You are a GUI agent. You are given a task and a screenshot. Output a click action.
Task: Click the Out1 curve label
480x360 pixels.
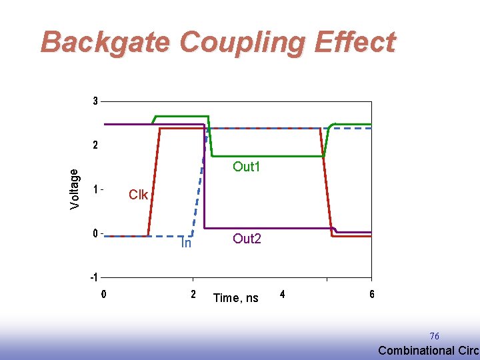[x=246, y=167]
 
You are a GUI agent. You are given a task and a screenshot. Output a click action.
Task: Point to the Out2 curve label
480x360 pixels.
[x=246, y=239]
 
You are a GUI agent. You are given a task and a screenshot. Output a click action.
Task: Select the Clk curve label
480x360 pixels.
[x=139, y=195]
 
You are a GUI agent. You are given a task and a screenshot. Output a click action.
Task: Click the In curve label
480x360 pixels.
[x=187, y=244]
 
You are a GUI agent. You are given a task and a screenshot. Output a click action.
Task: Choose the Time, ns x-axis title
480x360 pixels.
[x=235, y=298]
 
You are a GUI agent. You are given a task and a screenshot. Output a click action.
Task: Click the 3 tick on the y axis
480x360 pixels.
[x=95, y=101]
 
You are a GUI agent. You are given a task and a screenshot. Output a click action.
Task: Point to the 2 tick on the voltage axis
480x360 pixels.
[x=95, y=145]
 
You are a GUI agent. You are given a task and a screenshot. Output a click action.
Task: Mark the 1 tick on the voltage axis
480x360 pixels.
[x=95, y=189]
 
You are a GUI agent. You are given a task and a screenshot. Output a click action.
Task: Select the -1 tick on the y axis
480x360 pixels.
[x=94, y=277]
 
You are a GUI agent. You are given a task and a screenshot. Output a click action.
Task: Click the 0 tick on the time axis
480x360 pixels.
[x=103, y=294]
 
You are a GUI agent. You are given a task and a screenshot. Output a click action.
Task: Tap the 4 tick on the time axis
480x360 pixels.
[x=283, y=294]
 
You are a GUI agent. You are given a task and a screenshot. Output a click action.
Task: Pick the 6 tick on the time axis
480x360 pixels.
[x=371, y=294]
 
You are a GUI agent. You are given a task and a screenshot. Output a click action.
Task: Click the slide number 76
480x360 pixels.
[x=434, y=336]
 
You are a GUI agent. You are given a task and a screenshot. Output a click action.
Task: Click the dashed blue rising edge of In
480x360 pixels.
[x=198, y=197]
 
